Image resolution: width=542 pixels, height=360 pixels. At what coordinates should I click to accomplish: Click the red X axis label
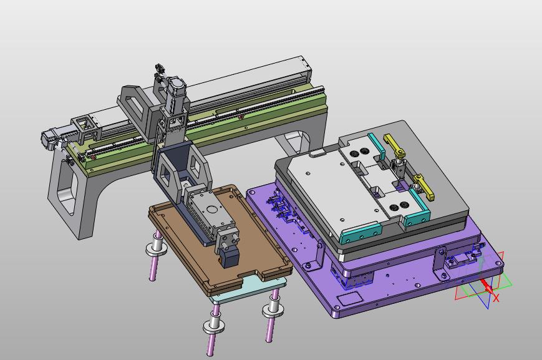[496, 298]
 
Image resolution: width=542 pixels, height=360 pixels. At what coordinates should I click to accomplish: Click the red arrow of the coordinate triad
[486, 286]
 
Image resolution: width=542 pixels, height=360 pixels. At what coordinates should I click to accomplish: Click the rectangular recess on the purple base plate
[349, 298]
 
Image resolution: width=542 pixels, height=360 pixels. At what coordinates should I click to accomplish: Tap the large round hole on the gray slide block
[211, 209]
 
